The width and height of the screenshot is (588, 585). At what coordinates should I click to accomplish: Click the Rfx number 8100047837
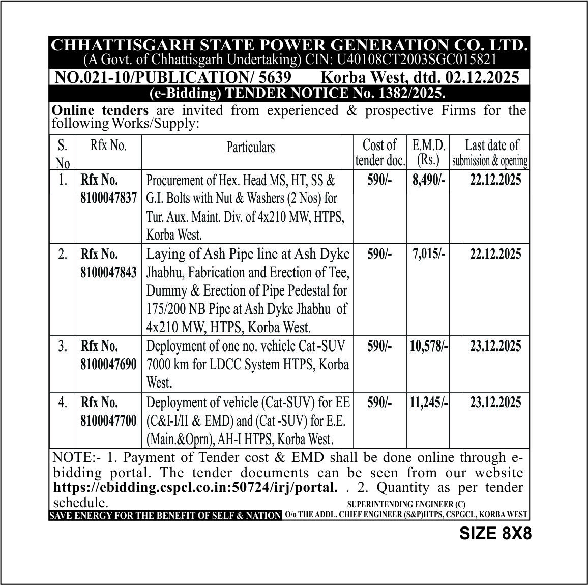coord(108,198)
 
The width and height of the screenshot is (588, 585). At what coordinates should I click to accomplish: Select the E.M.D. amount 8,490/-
coord(428,180)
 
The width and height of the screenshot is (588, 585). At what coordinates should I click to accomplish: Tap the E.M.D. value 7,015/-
coord(428,254)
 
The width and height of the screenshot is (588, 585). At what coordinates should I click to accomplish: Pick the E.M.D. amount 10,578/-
coord(429,346)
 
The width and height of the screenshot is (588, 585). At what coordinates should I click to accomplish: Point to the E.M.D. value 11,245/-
coord(429,403)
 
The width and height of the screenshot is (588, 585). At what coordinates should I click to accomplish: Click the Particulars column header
coord(250,147)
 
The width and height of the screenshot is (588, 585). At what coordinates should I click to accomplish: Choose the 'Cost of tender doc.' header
coord(380,152)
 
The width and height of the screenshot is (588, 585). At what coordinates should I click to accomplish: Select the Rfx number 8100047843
coord(108,272)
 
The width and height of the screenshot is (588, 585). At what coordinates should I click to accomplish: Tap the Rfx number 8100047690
coord(108,365)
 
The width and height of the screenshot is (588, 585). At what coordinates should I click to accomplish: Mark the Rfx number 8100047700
coord(108,421)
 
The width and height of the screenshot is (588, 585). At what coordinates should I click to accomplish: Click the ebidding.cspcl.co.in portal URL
coord(195,487)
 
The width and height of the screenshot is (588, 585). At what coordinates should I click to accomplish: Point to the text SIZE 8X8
coord(495,533)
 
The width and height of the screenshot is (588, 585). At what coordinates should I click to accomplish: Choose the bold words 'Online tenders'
coord(100,110)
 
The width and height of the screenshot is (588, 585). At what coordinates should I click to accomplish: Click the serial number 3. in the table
coord(63,346)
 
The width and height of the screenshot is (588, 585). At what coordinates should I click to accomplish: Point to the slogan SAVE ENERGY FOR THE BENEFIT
coord(165,515)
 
